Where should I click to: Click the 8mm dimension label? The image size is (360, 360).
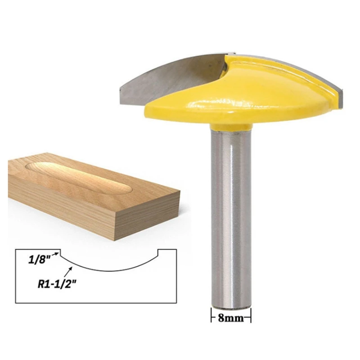230,318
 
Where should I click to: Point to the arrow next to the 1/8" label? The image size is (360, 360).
55,254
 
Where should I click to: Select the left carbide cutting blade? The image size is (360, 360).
172,78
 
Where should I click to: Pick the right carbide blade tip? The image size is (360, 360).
341,96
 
